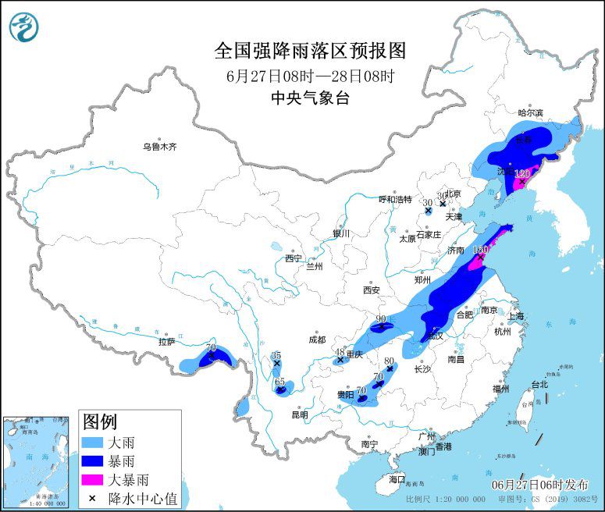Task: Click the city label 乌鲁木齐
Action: tap(160, 146)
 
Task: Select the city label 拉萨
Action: tap(166, 341)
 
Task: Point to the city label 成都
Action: tap(316, 340)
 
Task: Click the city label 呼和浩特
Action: tap(394, 199)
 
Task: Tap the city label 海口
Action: tap(397, 478)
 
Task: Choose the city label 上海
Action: tap(515, 316)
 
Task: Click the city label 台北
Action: tap(539, 384)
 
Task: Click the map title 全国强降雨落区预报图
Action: tap(310, 51)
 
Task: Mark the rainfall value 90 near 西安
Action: tap(382, 318)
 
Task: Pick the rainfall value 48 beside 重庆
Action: tap(340, 351)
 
